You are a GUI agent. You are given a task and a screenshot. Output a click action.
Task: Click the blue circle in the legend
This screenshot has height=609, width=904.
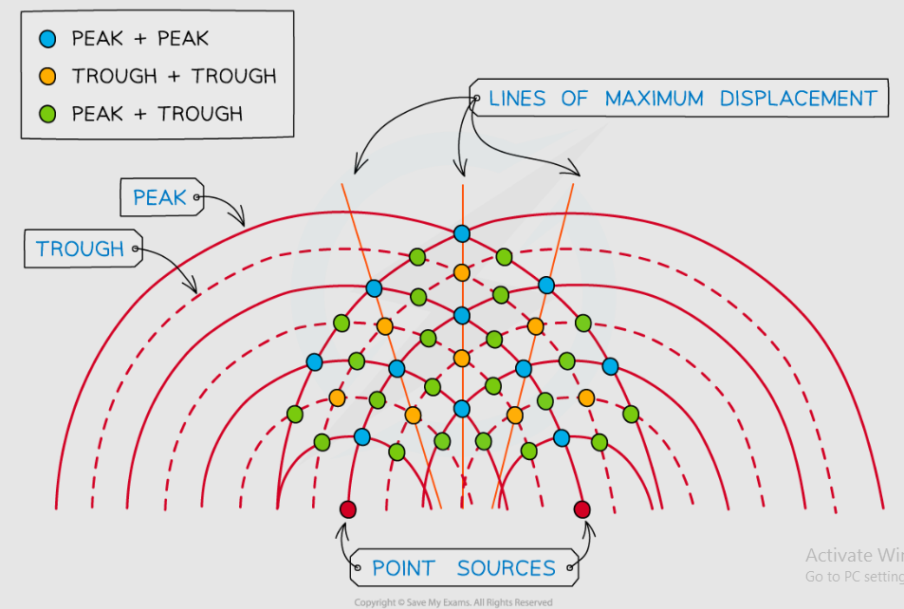[49, 39]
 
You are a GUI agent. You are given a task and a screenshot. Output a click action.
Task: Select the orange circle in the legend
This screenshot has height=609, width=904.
[49, 76]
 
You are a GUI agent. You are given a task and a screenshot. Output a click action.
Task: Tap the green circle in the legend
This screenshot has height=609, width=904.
[49, 114]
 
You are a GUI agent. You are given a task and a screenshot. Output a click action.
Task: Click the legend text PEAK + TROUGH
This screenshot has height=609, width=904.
[157, 114]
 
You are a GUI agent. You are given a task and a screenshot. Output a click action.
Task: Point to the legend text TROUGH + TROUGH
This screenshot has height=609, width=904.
[174, 76]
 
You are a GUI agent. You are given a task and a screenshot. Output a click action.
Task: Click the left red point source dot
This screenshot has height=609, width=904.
[346, 509]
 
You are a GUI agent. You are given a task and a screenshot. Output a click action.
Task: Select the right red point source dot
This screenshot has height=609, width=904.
[582, 509]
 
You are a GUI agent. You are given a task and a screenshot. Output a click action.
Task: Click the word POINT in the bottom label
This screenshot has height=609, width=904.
[403, 569]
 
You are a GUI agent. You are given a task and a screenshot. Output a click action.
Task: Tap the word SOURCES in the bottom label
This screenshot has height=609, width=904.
[506, 569]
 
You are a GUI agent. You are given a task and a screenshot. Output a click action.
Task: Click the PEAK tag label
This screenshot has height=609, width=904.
[159, 197]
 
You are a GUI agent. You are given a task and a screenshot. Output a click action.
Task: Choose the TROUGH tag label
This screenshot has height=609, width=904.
[80, 249]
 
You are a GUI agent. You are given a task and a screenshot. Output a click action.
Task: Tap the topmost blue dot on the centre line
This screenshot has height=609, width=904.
[461, 233]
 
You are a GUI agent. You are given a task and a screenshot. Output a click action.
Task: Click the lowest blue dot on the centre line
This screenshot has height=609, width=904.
[461, 409]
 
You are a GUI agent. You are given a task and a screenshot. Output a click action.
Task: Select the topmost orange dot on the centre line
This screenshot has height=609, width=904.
[461, 273]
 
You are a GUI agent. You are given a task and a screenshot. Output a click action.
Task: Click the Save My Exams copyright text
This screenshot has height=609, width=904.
[452, 602]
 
